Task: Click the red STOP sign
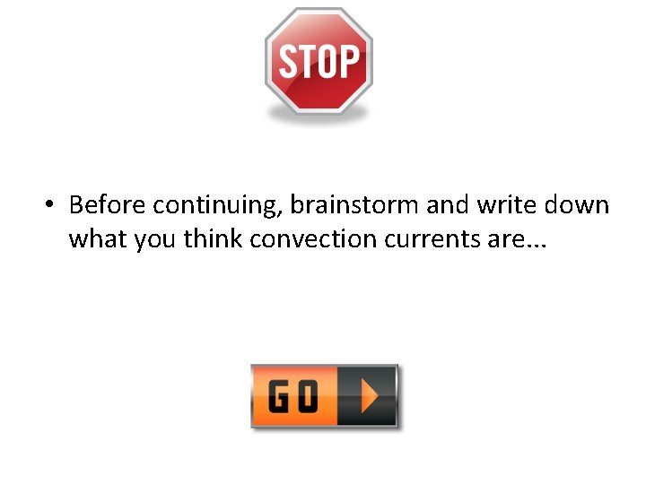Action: click(x=319, y=60)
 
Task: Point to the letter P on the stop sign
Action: click(x=350, y=63)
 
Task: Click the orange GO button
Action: click(x=324, y=395)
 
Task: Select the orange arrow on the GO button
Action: click(x=369, y=395)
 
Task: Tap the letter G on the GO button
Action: click(x=280, y=396)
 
